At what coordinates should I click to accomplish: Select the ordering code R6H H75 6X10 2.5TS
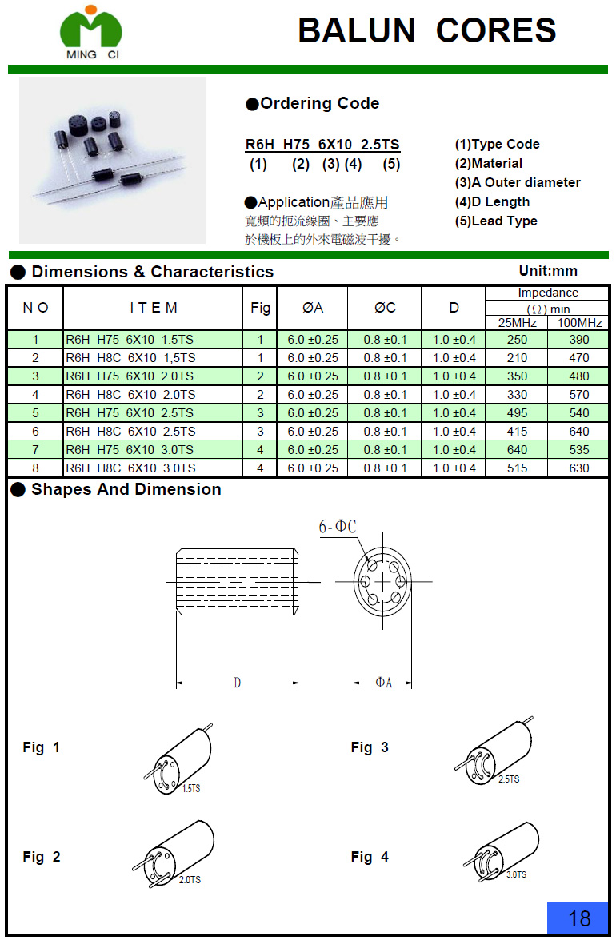tap(322, 145)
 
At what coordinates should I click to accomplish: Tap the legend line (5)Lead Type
tap(496, 221)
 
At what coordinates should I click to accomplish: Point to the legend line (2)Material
tap(488, 164)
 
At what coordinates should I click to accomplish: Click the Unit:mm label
tap(548, 271)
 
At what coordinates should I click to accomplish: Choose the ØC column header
tap(385, 308)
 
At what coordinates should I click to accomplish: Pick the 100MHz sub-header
tap(579, 323)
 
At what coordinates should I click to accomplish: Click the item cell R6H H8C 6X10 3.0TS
tap(130, 468)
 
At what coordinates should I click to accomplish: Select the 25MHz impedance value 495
tap(517, 413)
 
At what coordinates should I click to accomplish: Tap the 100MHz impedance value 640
tap(578, 432)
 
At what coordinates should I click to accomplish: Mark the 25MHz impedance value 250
tap(517, 340)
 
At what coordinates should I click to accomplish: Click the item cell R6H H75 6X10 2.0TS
tap(130, 376)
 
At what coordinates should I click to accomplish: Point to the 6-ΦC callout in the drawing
tap(338, 527)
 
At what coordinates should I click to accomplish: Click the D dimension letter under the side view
tap(238, 683)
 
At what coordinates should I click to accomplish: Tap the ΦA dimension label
tap(384, 683)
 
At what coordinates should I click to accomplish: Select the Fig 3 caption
tap(370, 747)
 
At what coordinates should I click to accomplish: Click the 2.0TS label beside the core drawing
tap(190, 880)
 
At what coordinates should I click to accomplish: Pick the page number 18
tap(578, 918)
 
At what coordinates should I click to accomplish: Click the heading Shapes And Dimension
tap(126, 490)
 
